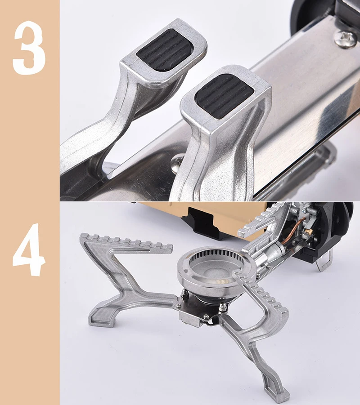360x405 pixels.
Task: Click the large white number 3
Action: point(29,48)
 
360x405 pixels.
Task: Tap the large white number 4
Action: point(29,249)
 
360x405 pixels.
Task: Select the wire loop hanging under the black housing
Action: point(324,262)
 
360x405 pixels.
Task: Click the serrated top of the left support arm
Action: point(127,242)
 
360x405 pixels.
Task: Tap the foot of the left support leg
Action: point(101,320)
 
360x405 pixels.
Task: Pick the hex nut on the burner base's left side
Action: point(184,293)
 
